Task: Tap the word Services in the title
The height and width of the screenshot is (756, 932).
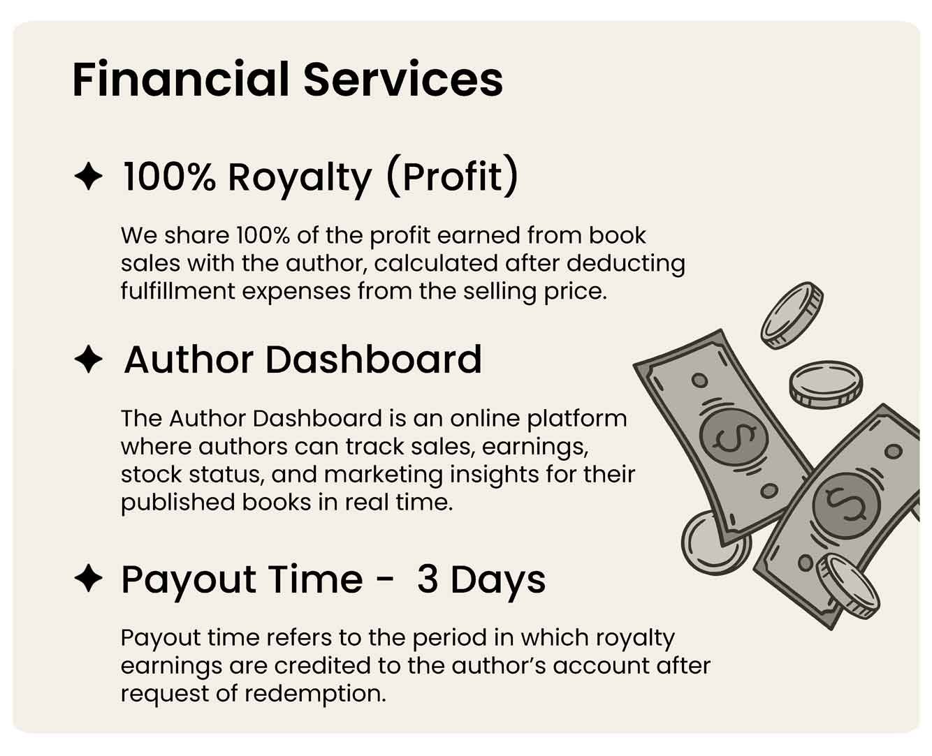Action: point(403,80)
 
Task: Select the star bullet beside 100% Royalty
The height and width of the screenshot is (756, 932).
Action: point(89,176)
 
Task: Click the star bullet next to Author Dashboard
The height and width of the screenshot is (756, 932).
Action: point(89,359)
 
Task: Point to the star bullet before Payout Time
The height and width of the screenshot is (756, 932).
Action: point(89,578)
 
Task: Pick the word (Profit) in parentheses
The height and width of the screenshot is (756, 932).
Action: point(453,177)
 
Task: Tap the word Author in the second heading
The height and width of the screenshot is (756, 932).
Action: point(189,360)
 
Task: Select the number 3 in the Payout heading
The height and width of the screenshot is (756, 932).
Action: point(428,579)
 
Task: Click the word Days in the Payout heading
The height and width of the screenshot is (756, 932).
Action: point(498,581)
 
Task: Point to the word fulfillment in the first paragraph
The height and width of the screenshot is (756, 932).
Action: point(178,291)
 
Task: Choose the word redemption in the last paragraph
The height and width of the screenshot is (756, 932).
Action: point(315,694)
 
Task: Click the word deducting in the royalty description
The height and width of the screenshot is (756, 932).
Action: point(626,265)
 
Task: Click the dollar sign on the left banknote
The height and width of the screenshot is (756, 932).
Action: point(734,438)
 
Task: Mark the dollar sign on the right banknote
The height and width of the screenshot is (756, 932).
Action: point(846,505)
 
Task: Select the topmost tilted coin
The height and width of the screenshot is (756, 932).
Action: point(792,315)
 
